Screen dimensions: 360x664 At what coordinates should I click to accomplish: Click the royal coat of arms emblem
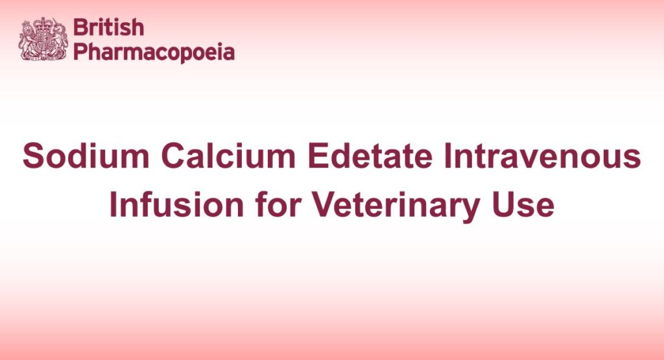coord(43,40)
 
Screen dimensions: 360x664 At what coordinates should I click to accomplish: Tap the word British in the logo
coord(108,28)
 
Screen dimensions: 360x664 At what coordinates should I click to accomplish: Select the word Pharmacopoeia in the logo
coord(154,52)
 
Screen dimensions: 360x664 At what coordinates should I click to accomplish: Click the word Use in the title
coord(527,206)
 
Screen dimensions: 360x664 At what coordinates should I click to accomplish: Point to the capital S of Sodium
coord(33,158)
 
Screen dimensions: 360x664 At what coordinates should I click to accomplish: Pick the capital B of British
coord(79,28)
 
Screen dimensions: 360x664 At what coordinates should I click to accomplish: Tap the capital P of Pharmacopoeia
coord(79,52)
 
